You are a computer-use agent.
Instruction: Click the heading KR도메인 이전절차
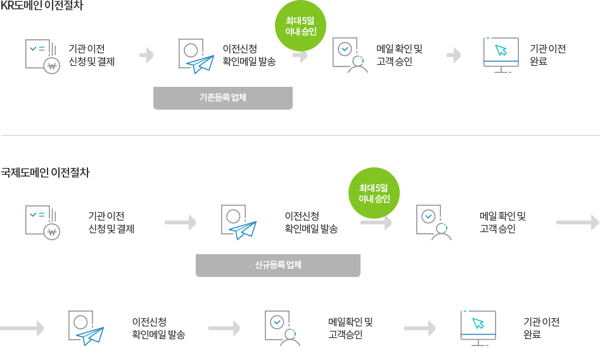pyautogui.click(x=42, y=6)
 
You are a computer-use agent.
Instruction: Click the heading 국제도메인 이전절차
pyautogui.click(x=46, y=172)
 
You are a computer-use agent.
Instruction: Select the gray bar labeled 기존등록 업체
pyautogui.click(x=222, y=98)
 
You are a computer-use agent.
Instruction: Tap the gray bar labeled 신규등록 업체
pyautogui.click(x=278, y=266)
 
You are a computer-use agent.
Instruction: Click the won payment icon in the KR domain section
pyautogui.click(x=42, y=56)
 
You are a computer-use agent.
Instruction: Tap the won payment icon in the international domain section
pyautogui.click(x=42, y=222)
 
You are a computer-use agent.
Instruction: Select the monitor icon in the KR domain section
pyautogui.click(x=501, y=55)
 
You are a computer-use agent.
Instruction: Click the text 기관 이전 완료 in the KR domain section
pyautogui.click(x=547, y=55)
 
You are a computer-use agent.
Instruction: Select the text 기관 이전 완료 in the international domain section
pyautogui.click(x=541, y=328)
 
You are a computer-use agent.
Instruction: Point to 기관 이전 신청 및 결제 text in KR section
pyautogui.click(x=91, y=55)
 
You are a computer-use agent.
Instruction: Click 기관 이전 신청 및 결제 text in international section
pyautogui.click(x=111, y=222)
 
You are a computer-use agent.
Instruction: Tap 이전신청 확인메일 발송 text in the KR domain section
pyautogui.click(x=249, y=55)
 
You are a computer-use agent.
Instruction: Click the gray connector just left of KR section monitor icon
pyautogui.click(x=454, y=55)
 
